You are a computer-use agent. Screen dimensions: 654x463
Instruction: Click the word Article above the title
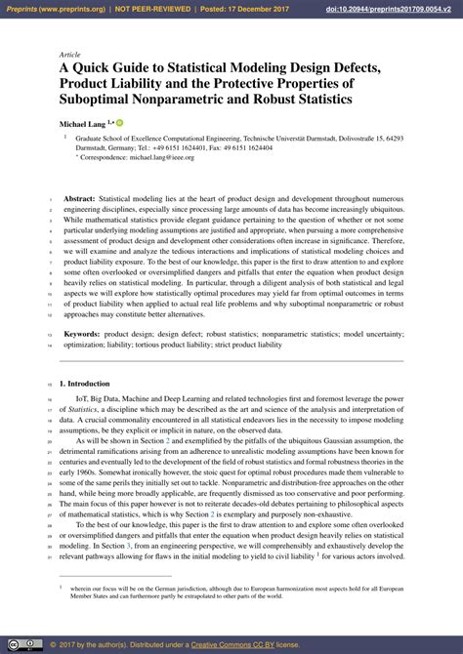tap(70, 56)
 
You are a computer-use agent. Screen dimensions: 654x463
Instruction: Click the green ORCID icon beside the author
tap(121, 122)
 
